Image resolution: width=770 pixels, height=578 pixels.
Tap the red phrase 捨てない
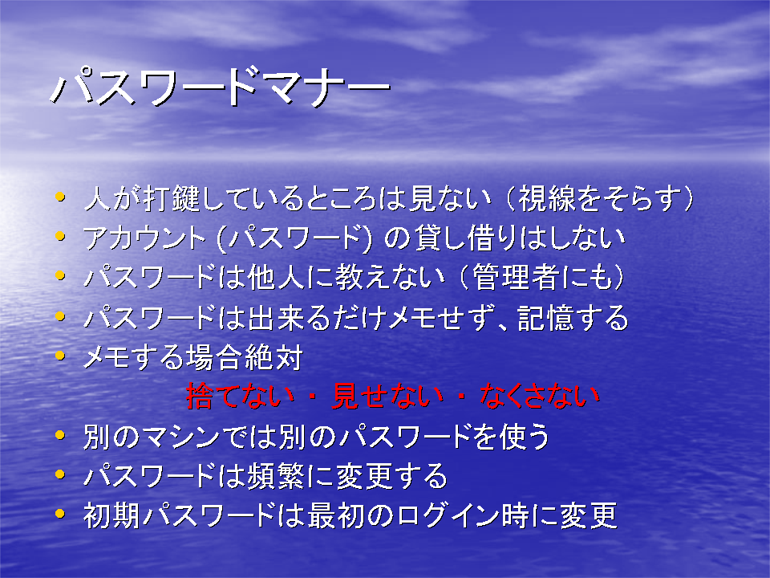(x=241, y=396)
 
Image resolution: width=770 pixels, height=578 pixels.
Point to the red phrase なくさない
(x=540, y=396)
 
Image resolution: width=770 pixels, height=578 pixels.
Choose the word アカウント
(x=144, y=238)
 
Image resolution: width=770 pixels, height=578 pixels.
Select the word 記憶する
(x=573, y=317)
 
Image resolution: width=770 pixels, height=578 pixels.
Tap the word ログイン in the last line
(x=449, y=515)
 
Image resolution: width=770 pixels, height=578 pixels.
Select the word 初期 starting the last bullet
(x=111, y=515)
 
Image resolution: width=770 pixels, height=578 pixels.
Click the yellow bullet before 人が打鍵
(x=60, y=197)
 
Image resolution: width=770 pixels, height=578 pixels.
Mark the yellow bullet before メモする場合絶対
(x=60, y=356)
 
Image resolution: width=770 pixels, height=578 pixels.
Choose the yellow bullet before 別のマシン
(x=60, y=435)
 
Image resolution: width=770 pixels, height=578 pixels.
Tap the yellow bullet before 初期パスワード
(x=60, y=514)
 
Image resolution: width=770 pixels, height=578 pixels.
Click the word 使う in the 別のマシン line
(x=524, y=437)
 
